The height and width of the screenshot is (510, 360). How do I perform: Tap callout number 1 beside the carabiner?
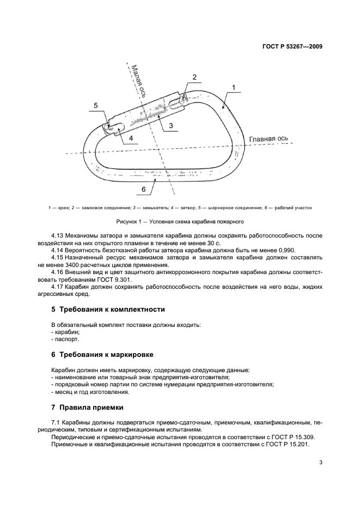tap(233, 87)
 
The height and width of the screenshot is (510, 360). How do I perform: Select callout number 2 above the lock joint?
tap(194, 77)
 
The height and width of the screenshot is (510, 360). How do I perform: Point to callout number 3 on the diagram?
tap(170, 125)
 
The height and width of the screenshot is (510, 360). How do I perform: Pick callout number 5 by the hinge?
tap(96, 105)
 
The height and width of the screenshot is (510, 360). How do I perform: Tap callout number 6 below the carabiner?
tap(143, 189)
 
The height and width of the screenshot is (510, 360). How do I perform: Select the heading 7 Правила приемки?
tap(87, 407)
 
